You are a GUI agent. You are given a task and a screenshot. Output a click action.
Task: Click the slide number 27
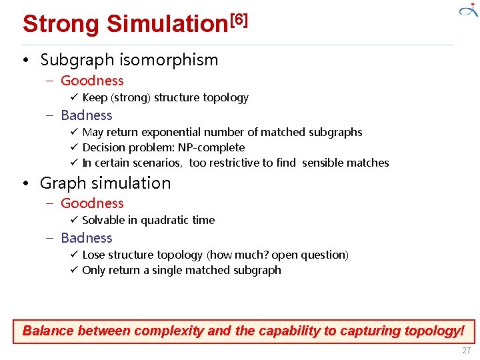tap(466, 351)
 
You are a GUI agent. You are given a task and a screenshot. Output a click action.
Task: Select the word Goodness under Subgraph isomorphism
tap(92, 81)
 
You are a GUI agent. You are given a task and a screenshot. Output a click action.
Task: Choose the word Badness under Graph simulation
tap(87, 238)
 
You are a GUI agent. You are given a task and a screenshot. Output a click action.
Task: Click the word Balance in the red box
tap(48, 331)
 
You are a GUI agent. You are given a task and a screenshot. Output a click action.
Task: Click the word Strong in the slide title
tap(61, 24)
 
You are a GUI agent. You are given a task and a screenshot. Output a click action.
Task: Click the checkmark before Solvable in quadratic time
tap(75, 220)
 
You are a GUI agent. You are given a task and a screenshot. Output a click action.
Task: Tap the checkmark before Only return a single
tap(75, 270)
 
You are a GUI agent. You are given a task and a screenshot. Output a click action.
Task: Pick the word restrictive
tap(234, 163)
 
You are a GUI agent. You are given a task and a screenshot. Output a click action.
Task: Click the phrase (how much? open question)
tap(277, 255)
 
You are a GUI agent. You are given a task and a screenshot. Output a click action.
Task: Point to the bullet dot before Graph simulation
tap(25, 183)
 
